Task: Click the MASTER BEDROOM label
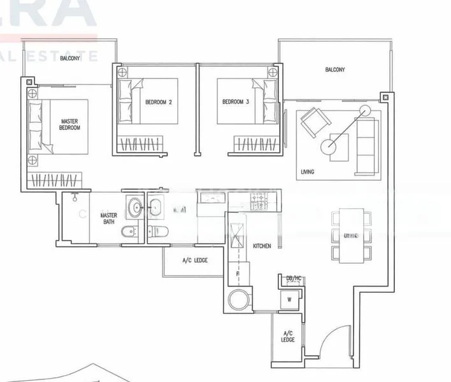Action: [x=70, y=124]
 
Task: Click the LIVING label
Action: [x=308, y=172]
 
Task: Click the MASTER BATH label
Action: [x=109, y=219]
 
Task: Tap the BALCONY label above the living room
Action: [x=334, y=69]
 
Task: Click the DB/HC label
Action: [x=294, y=279]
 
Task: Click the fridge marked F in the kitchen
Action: [x=238, y=274]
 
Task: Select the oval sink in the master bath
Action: [x=134, y=208]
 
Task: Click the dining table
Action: [x=349, y=236]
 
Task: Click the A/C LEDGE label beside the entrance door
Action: [x=287, y=337]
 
